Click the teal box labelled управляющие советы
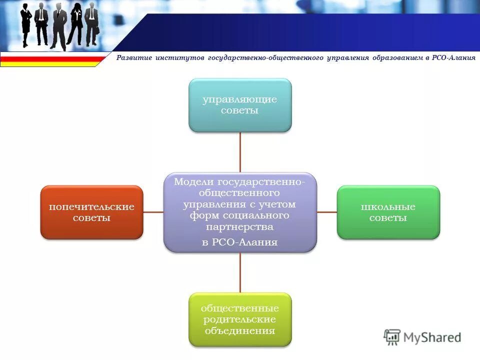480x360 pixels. (240, 105)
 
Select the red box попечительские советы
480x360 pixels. (91, 212)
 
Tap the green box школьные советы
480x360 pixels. (388, 212)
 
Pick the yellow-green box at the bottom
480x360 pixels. (240, 319)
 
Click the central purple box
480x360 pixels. (240, 212)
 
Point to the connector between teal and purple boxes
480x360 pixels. (240, 152)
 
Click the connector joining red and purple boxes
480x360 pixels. (153, 212)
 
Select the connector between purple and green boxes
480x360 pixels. (327, 212)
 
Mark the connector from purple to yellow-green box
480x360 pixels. (240, 272)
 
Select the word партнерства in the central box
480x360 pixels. (240, 226)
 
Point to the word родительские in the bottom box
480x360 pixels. (240, 319)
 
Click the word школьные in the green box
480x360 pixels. (388, 206)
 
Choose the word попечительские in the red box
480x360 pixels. (91, 206)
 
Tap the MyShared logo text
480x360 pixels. (432, 337)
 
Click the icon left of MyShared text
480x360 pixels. (392, 337)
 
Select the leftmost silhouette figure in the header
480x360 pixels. (26, 25)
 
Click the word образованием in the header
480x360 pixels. (397, 58)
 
